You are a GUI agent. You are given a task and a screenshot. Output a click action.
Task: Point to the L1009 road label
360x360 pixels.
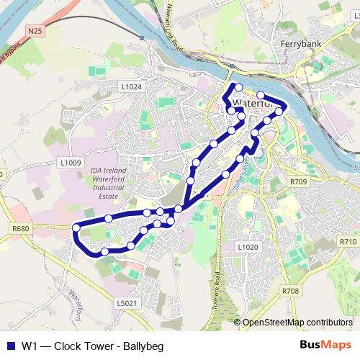click(x=71, y=163)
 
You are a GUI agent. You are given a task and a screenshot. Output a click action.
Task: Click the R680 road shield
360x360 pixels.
click(x=21, y=228)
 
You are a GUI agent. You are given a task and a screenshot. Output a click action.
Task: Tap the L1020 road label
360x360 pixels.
click(x=247, y=246)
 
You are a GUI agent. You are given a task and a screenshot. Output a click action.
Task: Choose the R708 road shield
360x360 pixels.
click(x=290, y=290)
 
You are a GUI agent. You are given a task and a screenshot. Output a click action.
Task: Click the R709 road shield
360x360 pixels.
click(x=297, y=181)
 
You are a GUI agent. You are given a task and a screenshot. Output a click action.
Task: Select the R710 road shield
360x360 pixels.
click(x=348, y=241)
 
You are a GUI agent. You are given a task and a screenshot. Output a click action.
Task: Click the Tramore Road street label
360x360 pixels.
click(x=217, y=288)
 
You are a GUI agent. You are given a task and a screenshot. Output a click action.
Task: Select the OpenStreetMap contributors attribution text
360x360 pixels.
click(x=298, y=323)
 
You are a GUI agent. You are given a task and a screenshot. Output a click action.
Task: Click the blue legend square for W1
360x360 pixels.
click(x=10, y=346)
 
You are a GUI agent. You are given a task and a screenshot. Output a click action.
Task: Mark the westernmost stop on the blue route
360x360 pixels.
click(x=76, y=228)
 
